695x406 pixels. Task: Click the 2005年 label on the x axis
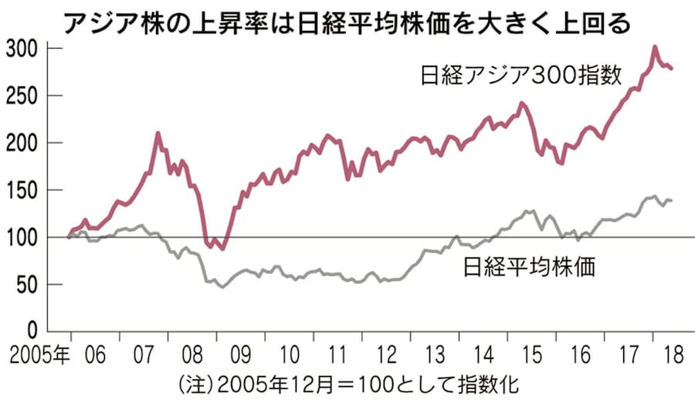[37, 356]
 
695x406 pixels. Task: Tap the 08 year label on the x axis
[192, 356]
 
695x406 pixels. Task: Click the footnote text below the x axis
[347, 383]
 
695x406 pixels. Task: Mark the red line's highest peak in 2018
[655, 47]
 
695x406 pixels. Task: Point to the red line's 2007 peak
[158, 133]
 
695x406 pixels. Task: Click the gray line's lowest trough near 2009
[223, 287]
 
